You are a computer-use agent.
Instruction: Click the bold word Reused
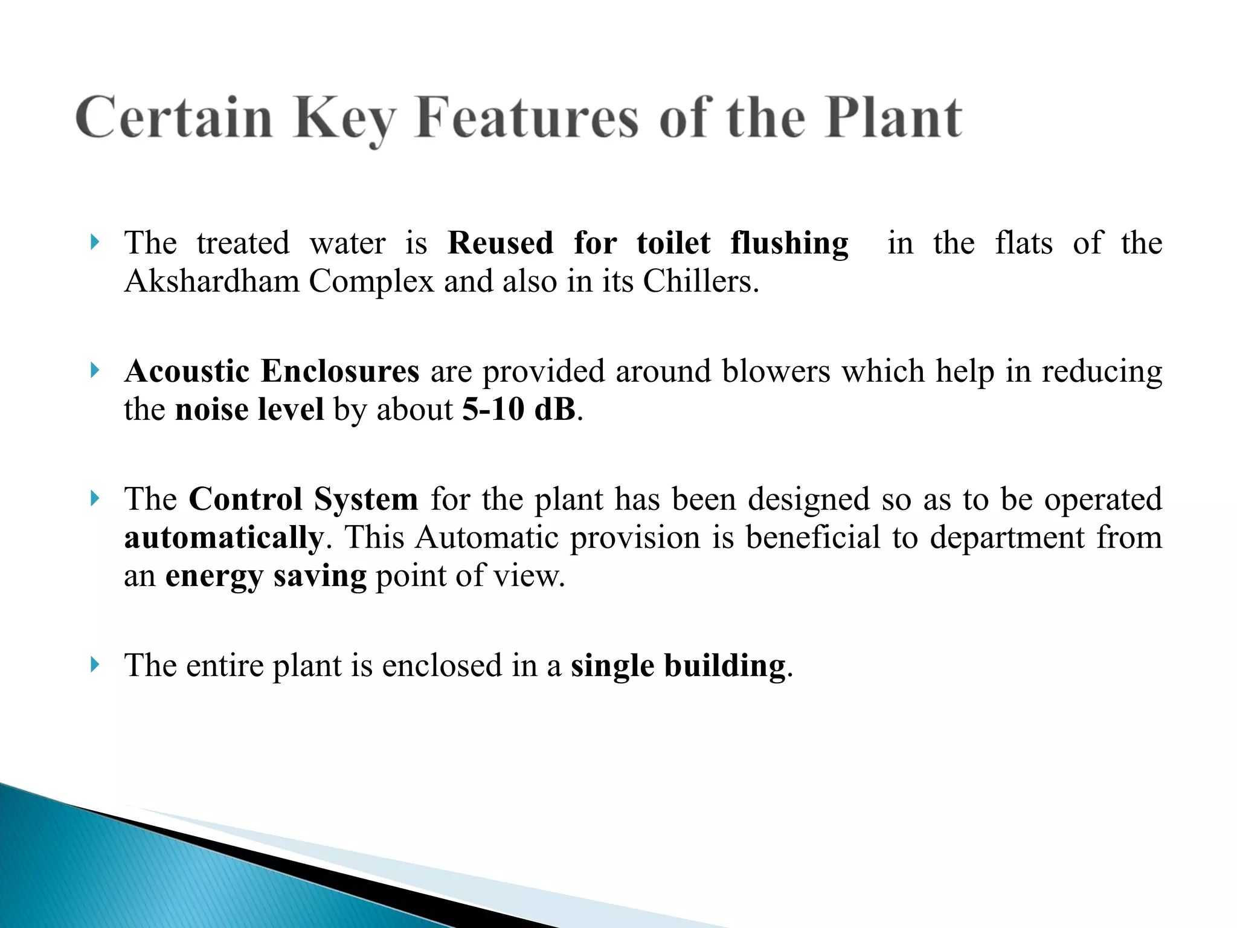pyautogui.click(x=500, y=243)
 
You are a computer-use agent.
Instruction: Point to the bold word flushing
pyautogui.click(x=789, y=243)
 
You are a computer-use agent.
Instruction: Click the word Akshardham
pyautogui.click(x=212, y=282)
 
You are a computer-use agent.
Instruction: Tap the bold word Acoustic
pyautogui.click(x=187, y=371)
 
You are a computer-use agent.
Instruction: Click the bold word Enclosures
pyautogui.click(x=339, y=371)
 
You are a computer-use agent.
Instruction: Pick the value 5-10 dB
pyautogui.click(x=519, y=410)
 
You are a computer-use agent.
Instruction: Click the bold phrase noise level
pyautogui.click(x=249, y=410)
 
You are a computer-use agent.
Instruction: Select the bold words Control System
pyautogui.click(x=303, y=500)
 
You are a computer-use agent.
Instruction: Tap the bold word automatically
pyautogui.click(x=224, y=538)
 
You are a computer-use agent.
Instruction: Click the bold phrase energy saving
pyautogui.click(x=266, y=576)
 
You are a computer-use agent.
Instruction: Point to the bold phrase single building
pyautogui.click(x=678, y=666)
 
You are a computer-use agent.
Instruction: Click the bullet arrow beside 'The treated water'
pyautogui.click(x=94, y=243)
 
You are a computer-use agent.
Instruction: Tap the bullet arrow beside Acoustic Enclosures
pyautogui.click(x=94, y=370)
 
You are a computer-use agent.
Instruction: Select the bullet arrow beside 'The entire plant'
pyautogui.click(x=94, y=665)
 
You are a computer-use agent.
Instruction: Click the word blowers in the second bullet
pyautogui.click(x=776, y=371)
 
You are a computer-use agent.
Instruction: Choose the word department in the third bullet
pyautogui.click(x=1007, y=538)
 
